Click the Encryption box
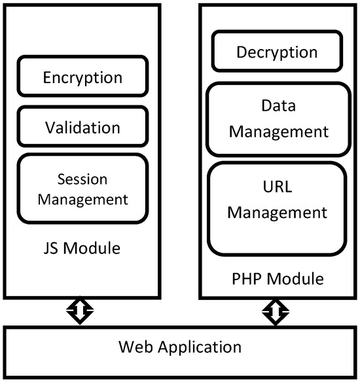(x=82, y=77)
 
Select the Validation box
(x=82, y=127)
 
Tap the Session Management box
(x=82, y=189)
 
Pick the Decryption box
(x=276, y=52)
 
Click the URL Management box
(x=276, y=209)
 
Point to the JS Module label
(x=82, y=249)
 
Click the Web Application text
(x=179, y=346)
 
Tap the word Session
(x=82, y=179)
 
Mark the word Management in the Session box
(x=82, y=198)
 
